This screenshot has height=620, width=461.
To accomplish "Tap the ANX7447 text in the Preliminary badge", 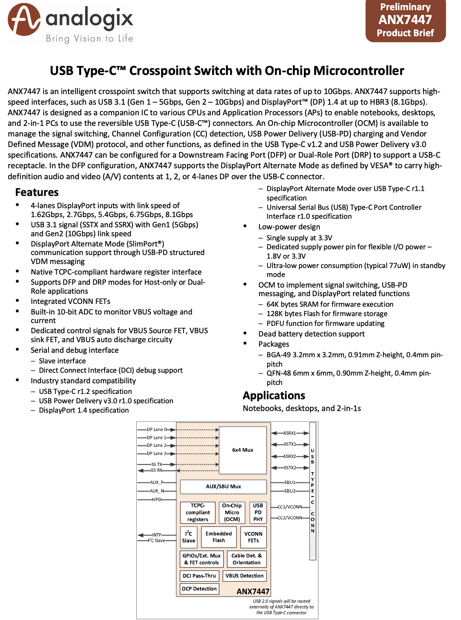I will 405,20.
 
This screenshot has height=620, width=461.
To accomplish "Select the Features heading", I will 37,192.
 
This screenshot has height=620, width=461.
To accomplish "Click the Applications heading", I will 274,396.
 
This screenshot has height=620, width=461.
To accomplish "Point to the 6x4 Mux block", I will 243,450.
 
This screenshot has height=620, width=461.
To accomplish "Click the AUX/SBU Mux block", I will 223,486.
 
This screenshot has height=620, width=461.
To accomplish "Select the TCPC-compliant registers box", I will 197,512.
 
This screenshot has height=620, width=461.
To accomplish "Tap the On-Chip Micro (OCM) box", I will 232,512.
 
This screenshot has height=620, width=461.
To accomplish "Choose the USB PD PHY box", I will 258,512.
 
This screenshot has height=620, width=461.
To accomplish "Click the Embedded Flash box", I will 219,537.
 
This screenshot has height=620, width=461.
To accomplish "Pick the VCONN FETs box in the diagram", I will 253,537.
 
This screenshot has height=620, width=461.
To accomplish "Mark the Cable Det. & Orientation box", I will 246,559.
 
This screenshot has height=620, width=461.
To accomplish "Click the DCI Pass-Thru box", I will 199,576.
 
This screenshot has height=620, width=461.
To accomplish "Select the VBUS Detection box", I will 244,576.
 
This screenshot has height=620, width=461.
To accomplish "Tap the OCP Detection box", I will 199,589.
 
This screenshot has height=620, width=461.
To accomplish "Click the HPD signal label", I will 157,499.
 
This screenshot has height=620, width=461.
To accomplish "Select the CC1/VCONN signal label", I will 290,507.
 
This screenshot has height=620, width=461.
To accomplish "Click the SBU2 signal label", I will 290,491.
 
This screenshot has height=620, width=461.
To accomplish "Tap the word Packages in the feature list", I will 274,344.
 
